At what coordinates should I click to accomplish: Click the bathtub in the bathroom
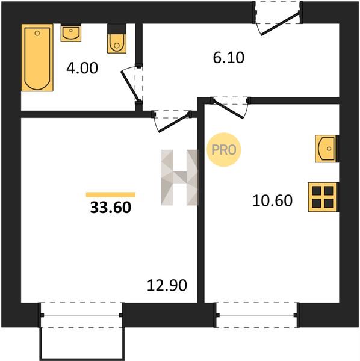37,58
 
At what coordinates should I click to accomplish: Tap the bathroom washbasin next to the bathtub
71,32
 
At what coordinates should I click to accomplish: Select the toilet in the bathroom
117,39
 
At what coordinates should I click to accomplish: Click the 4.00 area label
82,68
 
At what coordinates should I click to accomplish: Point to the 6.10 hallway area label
229,58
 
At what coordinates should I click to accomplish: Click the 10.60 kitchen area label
273,200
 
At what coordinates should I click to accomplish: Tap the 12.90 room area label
167,285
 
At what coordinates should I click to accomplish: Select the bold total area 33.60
111,207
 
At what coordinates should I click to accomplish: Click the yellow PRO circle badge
224,150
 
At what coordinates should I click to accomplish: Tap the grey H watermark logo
179,177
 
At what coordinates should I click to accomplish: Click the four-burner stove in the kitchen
323,197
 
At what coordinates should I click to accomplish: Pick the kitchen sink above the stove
326,149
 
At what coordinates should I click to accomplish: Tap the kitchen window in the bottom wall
257,315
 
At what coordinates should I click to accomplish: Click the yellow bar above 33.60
111,195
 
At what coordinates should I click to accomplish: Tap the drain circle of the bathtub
37,33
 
